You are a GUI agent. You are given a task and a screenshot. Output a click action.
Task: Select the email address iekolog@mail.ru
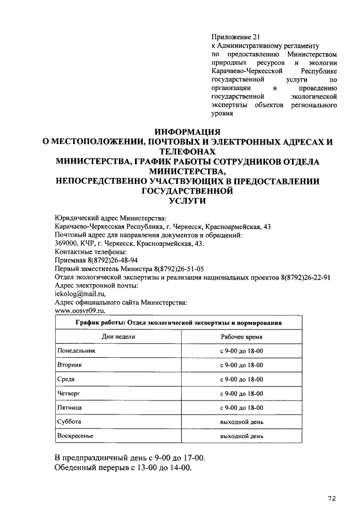point(80,293)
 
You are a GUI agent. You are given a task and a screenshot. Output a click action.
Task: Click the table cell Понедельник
point(77,350)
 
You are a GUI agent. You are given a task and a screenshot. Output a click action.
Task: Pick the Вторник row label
point(70,364)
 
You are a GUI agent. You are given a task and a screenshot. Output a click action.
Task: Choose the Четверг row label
point(70,393)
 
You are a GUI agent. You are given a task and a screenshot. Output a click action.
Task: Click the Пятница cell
point(70,407)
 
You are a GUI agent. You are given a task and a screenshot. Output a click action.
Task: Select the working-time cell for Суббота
point(241,421)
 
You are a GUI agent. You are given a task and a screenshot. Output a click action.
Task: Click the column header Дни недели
point(118,336)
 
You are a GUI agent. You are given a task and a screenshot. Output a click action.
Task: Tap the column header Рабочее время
point(241,336)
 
